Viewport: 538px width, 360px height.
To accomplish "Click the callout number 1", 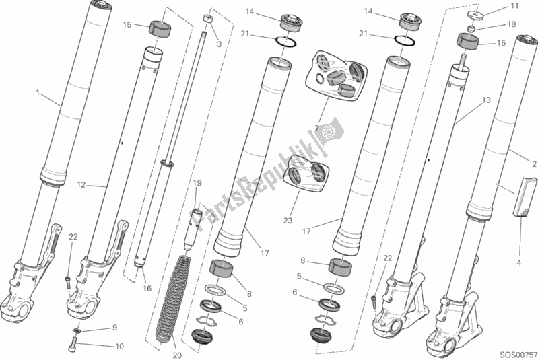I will [38, 92].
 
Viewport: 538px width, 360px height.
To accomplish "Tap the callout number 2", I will [533, 164].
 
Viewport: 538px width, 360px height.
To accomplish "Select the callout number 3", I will [218, 44].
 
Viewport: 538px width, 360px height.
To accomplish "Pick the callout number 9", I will [114, 328].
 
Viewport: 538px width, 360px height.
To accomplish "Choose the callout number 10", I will [120, 347].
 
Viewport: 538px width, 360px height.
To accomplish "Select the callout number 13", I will [485, 100].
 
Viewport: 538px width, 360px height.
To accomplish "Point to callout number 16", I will [147, 287].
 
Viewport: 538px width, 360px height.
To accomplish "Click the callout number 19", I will [198, 183].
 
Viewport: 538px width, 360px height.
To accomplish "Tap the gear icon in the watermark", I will [329, 133].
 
